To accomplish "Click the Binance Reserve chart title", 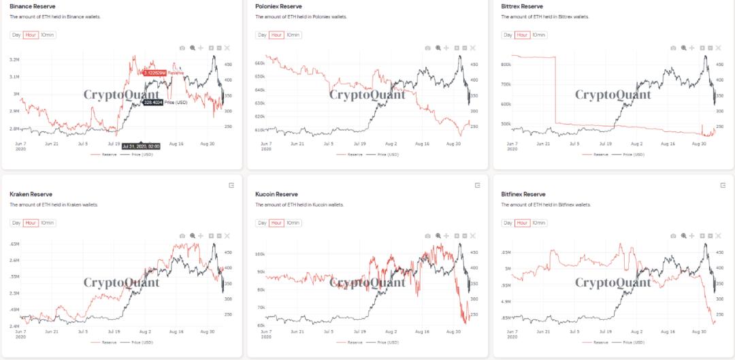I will [33, 6].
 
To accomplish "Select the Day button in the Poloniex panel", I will [261, 35].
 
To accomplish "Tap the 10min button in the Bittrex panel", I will [538, 35].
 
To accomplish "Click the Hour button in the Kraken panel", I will [30, 223].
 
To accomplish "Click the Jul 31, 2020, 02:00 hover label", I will [140, 146].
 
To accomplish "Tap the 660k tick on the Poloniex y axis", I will [259, 63].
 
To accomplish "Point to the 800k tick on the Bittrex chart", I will [506, 65].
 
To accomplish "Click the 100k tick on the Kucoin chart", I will [259, 254].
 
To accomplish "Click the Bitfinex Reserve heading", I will [525, 195].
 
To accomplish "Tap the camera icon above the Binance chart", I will [182, 48].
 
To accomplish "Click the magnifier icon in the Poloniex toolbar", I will [438, 48].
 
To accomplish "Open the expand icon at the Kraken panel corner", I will [231, 185].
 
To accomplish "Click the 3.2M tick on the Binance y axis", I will [14, 60].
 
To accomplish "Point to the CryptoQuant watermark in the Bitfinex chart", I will [613, 282].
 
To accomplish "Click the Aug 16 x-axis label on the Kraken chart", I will [176, 331].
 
